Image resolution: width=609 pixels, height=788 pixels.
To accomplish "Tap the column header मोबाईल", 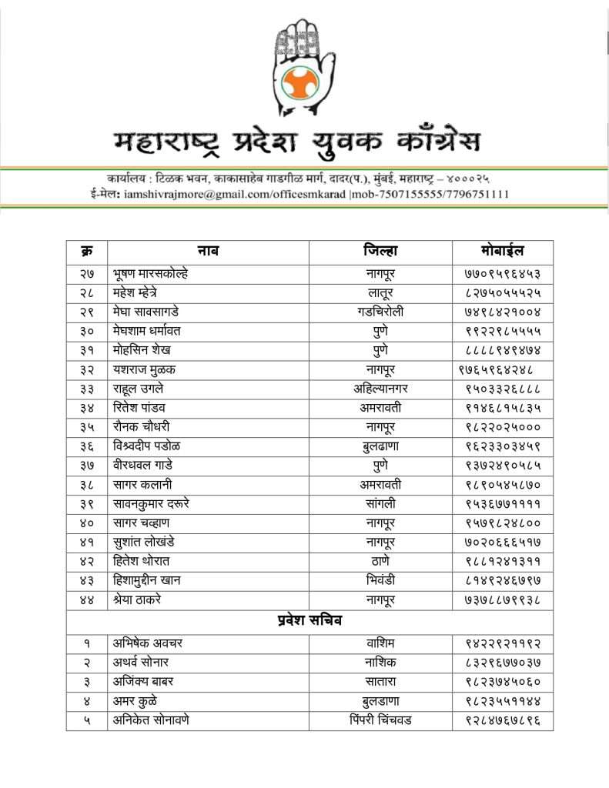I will [x=502, y=251].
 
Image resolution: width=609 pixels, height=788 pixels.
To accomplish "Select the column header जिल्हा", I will [x=380, y=251].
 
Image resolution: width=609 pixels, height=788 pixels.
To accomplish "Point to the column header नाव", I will [x=208, y=251].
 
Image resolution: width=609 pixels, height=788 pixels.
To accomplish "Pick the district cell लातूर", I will [x=380, y=292].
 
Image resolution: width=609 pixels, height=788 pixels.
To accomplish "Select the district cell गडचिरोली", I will [x=380, y=312].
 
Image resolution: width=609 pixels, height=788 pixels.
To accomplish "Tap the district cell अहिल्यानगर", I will [x=380, y=389].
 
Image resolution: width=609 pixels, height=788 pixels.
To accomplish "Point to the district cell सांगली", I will [x=380, y=504].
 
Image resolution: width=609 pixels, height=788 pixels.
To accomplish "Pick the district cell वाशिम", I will [x=380, y=643].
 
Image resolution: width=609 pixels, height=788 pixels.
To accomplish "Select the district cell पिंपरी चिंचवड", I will [x=380, y=720].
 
